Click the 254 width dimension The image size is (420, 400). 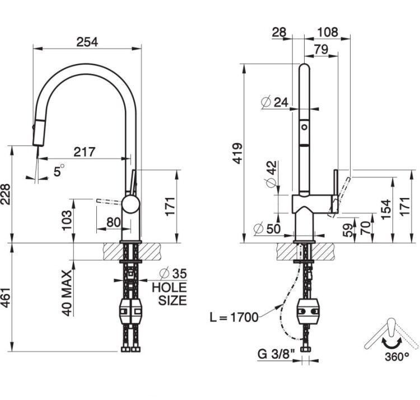[87, 42]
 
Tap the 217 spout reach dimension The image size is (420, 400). [85, 152]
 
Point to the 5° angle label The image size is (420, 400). [59, 171]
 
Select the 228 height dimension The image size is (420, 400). [6, 194]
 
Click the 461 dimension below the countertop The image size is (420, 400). [6, 298]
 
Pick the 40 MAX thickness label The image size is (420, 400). [67, 293]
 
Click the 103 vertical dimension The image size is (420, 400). [67, 220]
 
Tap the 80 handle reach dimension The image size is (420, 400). [114, 222]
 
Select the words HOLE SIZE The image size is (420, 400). [170, 294]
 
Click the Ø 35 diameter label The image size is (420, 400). [173, 273]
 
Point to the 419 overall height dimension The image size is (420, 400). [237, 154]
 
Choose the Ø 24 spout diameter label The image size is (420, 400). [274, 102]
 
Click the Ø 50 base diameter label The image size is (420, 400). [267, 228]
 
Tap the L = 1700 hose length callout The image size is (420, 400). [234, 318]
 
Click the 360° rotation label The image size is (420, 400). [397, 357]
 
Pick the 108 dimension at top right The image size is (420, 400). [328, 32]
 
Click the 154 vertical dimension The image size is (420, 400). [386, 209]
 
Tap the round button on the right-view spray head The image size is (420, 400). [304, 126]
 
